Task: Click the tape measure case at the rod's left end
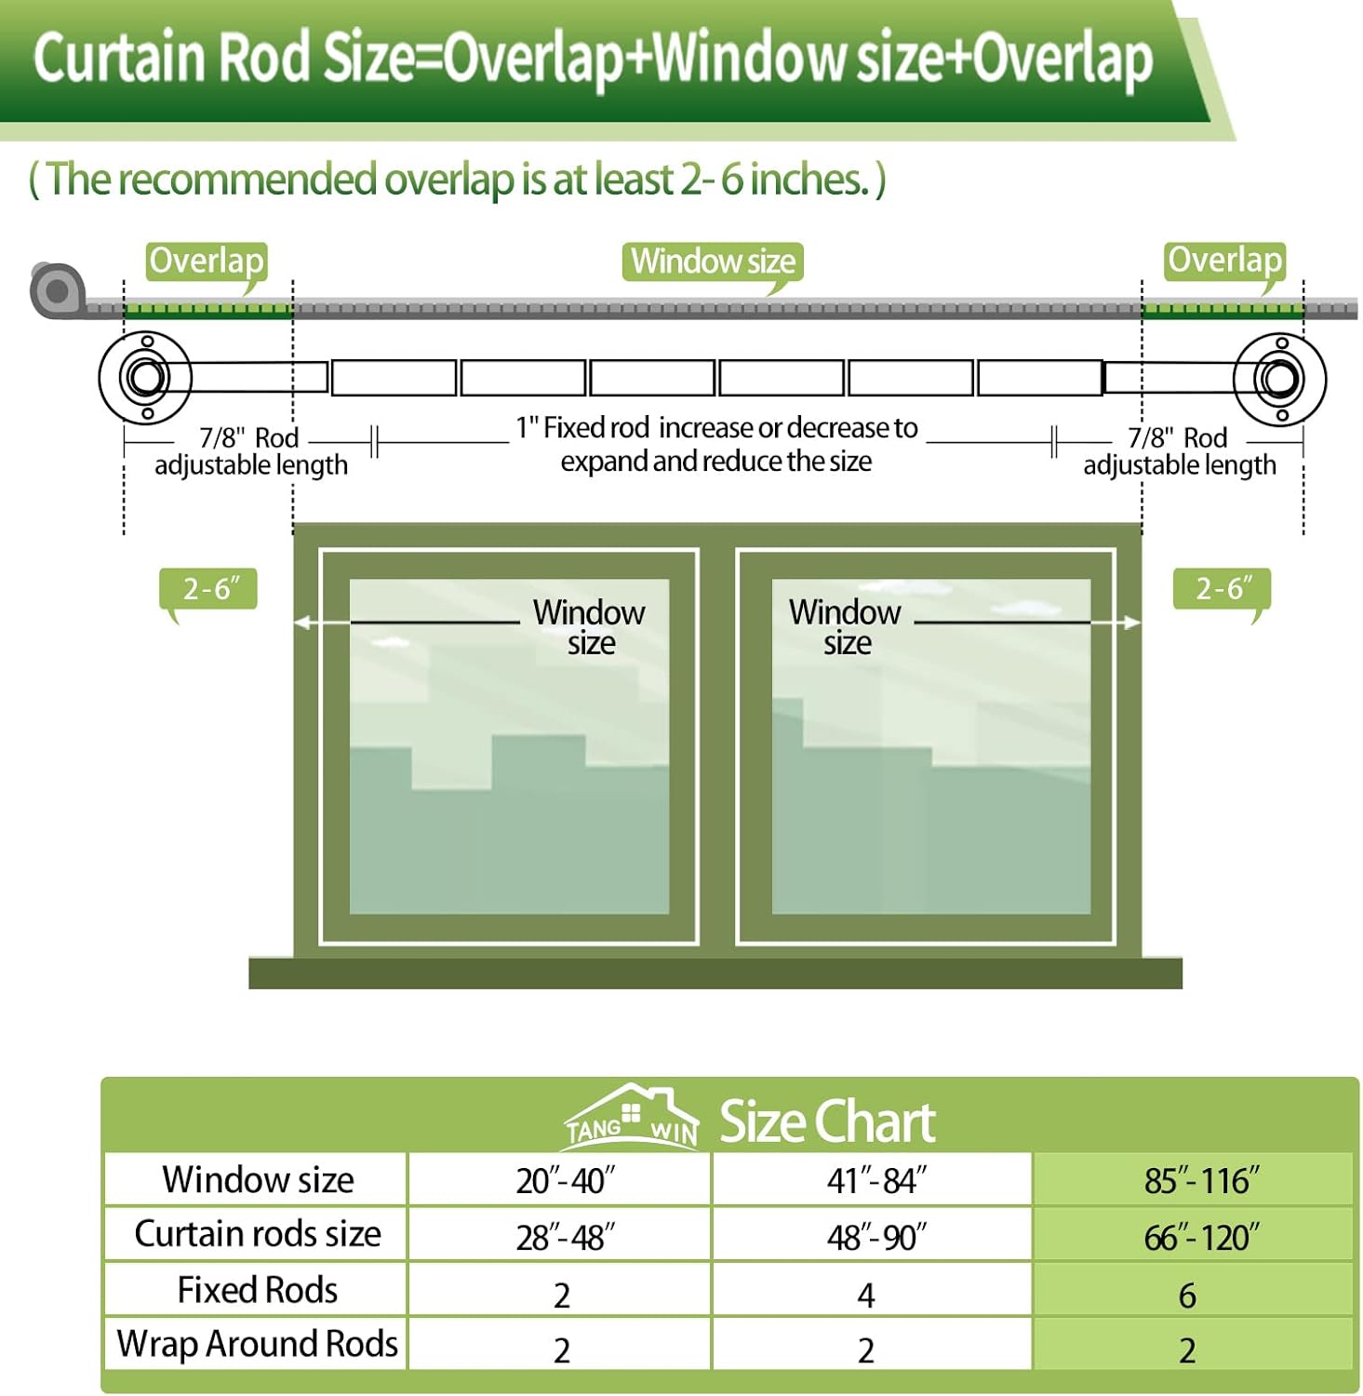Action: [57, 290]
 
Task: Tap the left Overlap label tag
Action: [207, 262]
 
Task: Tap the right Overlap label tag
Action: [1224, 261]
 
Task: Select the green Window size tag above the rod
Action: [713, 262]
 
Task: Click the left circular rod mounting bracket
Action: [145, 378]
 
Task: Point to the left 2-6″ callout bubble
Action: [208, 589]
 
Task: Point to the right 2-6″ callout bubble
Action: [1222, 589]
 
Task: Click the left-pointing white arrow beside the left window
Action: [322, 623]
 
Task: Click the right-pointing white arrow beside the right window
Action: [1115, 623]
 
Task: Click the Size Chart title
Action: [827, 1121]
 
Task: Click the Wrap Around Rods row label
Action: [257, 1344]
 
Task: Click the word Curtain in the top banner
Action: [118, 57]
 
